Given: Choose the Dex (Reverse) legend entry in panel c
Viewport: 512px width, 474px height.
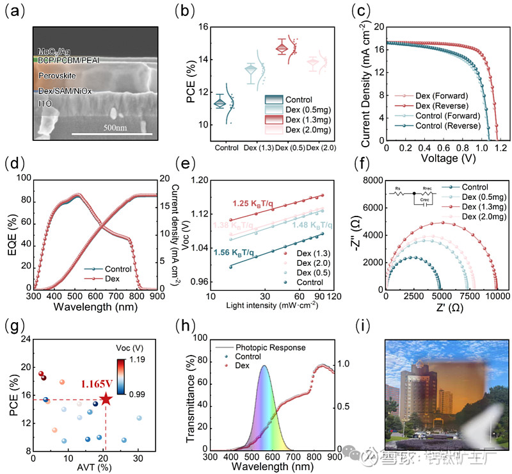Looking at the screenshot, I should tap(442, 105).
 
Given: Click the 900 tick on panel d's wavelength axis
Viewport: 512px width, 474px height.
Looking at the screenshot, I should tap(156, 298).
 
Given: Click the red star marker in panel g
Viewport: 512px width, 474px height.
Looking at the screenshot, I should tap(106, 399).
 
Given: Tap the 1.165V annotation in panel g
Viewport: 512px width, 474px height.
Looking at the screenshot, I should tap(97, 384).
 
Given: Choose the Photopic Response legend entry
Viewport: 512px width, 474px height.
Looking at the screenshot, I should tap(272, 348).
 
